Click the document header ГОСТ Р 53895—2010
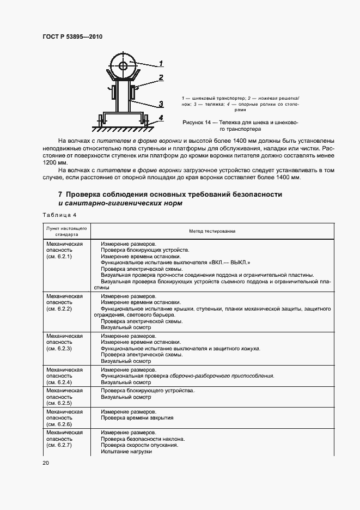[x=72, y=37]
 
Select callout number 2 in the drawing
[x=162, y=78]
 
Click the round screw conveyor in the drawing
[x=124, y=66]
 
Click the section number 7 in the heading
[x=60, y=195]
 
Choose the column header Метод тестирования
[x=212, y=231]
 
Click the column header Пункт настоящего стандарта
[x=67, y=231]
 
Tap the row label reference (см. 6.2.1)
[x=59, y=256]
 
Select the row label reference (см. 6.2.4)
[x=59, y=382]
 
